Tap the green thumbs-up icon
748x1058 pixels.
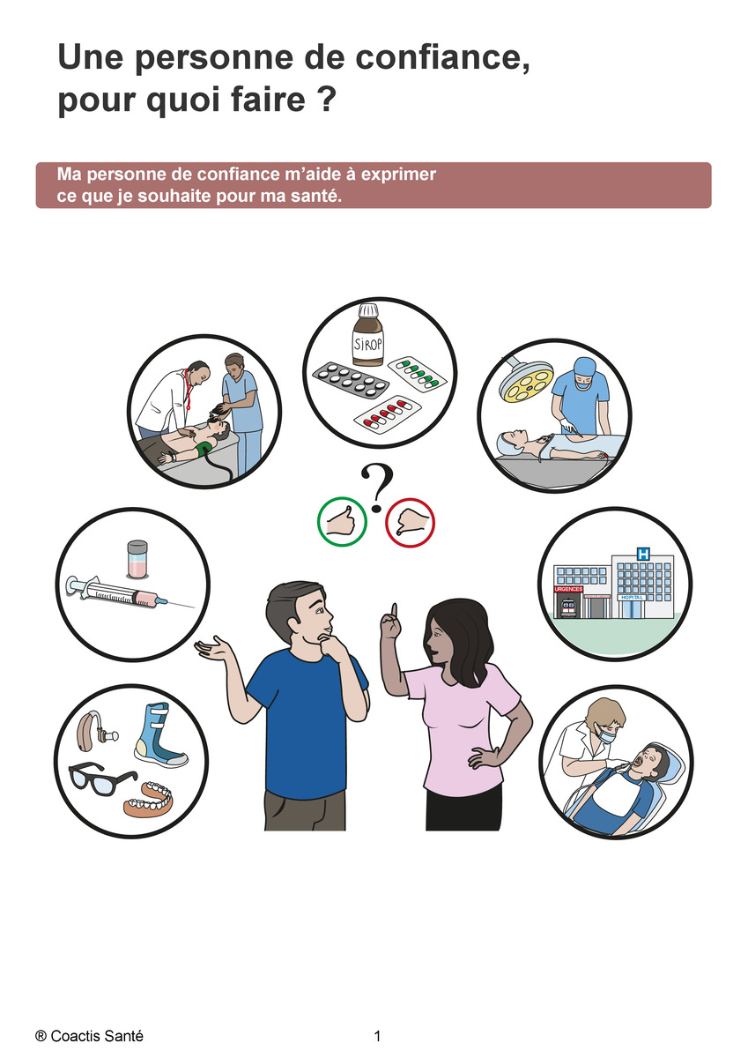click(342, 522)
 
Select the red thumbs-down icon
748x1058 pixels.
click(410, 523)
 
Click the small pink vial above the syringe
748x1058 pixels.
click(137, 560)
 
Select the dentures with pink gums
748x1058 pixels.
click(149, 799)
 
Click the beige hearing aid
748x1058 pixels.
click(94, 732)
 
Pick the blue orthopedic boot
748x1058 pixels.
click(160, 734)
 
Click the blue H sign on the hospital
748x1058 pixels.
click(643, 554)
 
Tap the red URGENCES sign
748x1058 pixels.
click(568, 590)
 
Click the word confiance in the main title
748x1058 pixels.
click(442, 57)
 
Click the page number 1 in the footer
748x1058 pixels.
click(377, 1036)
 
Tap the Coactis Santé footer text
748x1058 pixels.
click(89, 1036)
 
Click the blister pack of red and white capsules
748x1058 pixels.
click(388, 413)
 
